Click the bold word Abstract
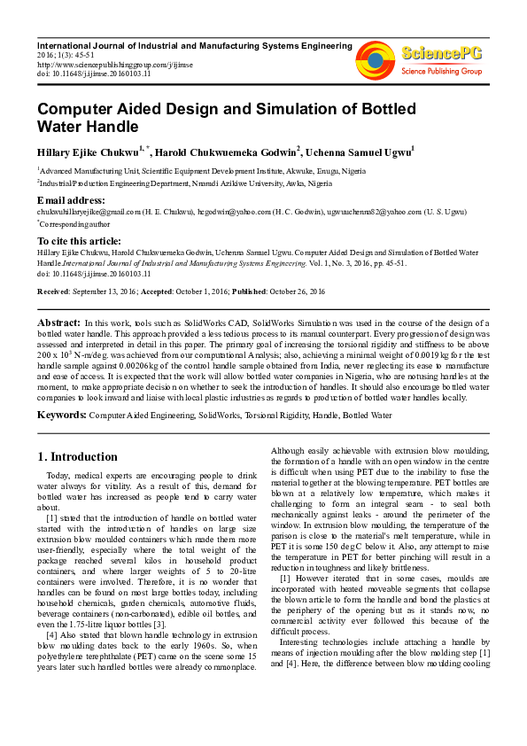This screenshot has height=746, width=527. (58, 323)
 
